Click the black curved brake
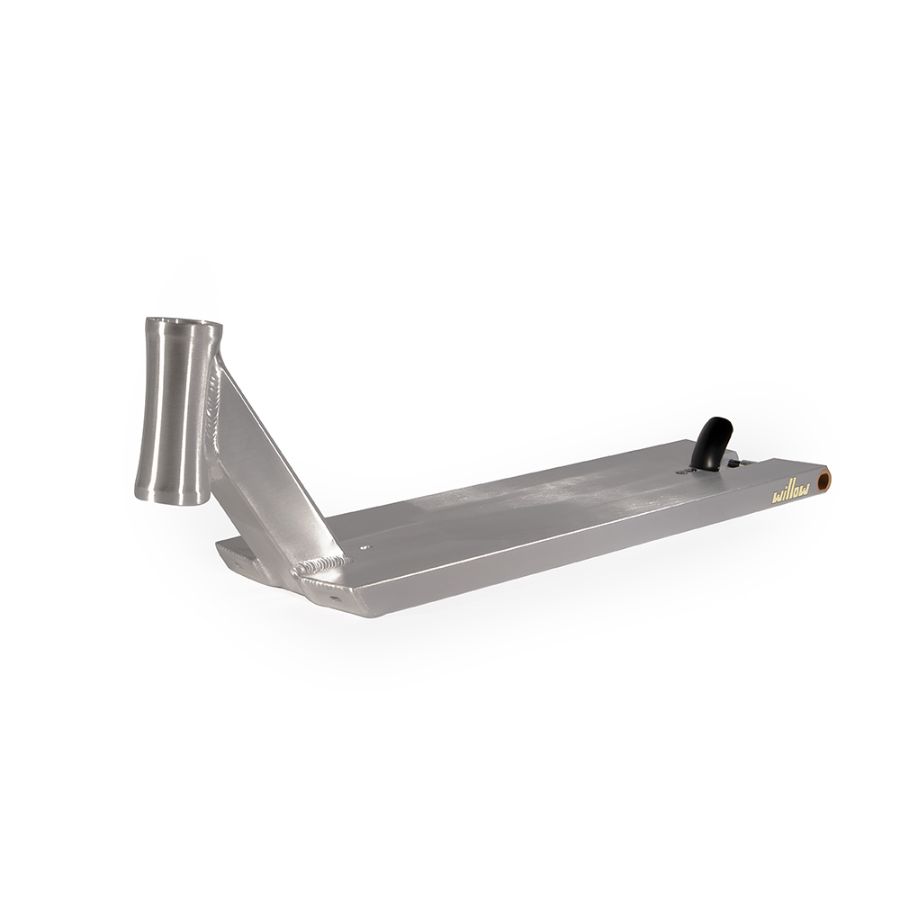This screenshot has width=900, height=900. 715,442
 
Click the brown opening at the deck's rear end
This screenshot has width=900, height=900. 823,479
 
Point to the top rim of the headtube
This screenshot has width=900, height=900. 184,323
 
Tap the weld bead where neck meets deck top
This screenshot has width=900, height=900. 319,565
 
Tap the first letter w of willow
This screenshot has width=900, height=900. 778,495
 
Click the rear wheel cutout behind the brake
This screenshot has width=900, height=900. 756,461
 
